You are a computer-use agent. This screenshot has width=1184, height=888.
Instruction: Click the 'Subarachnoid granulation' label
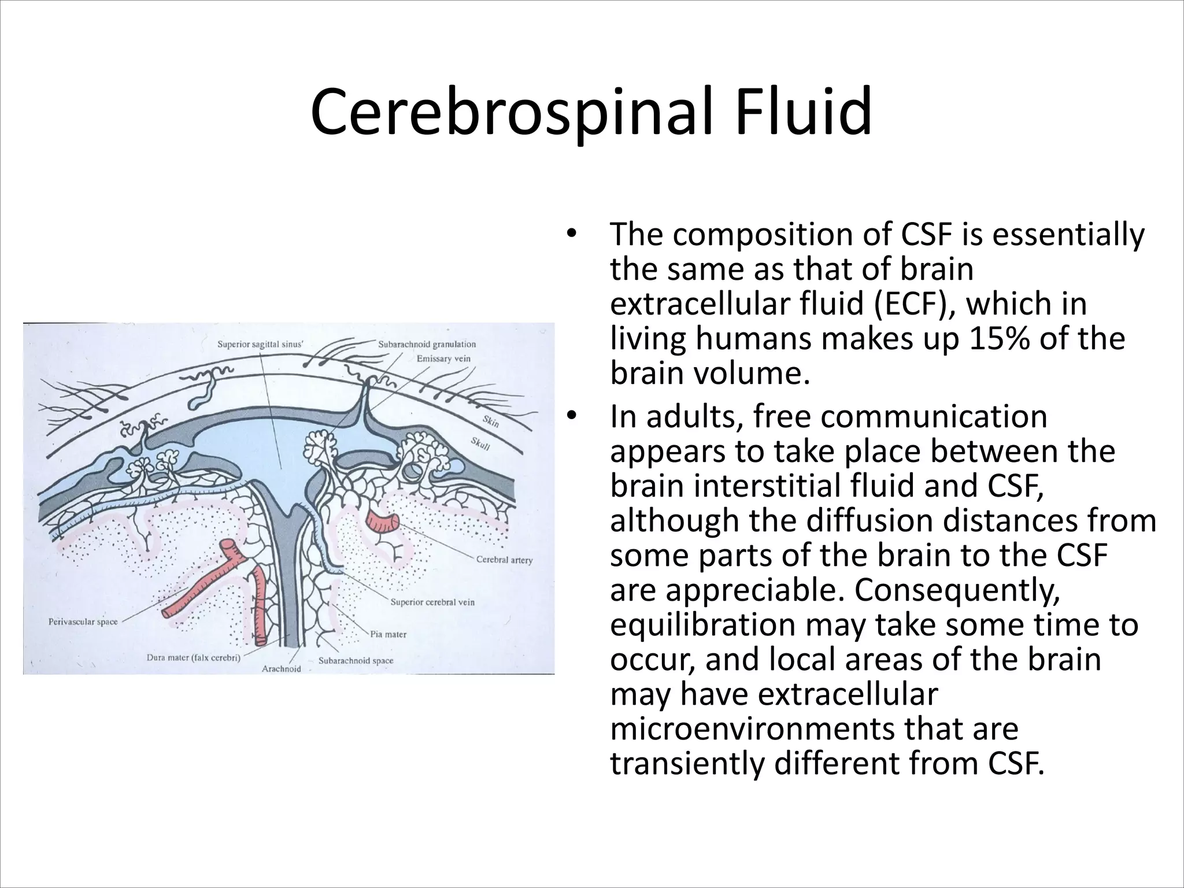[x=427, y=345]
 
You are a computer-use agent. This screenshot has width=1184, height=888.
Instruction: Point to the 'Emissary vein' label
[x=443, y=358]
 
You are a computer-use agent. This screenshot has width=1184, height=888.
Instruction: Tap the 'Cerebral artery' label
[x=504, y=560]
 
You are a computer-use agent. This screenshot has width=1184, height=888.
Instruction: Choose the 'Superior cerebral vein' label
[x=432, y=602]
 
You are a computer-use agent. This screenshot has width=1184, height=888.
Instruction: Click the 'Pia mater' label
[x=388, y=634]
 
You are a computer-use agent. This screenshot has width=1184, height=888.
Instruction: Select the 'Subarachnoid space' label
[x=356, y=660]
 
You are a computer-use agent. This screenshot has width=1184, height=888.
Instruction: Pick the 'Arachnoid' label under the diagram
[x=282, y=669]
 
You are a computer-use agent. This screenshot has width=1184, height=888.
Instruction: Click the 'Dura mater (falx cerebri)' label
[x=194, y=657]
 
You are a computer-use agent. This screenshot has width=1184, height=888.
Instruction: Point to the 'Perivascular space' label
[x=82, y=622]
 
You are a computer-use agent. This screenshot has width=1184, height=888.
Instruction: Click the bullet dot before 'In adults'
[x=572, y=416]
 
